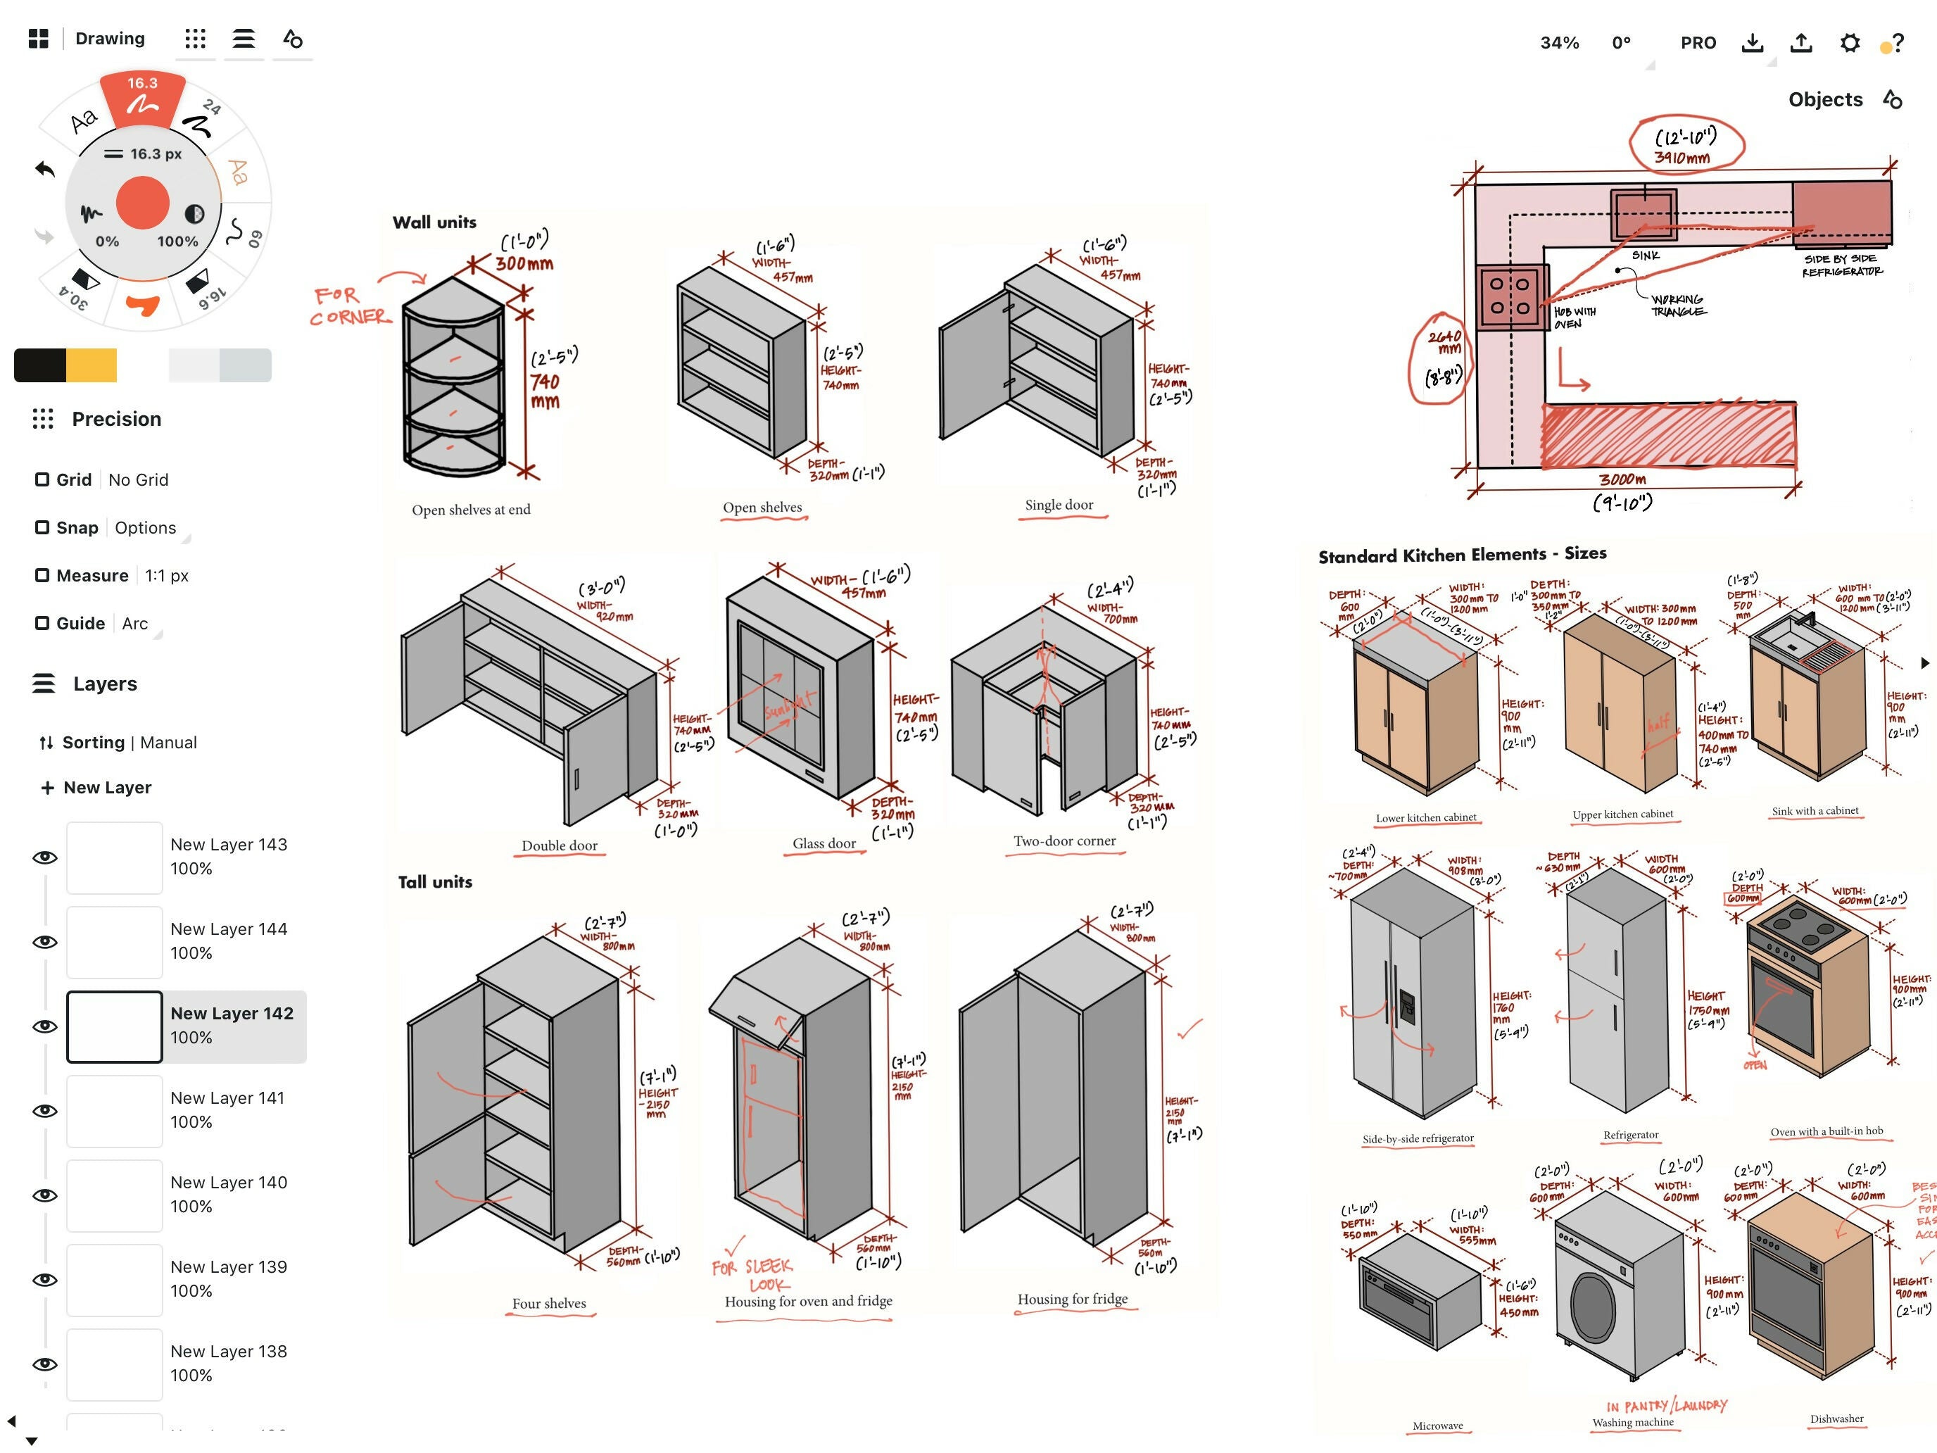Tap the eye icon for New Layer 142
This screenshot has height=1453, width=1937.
pos(44,1026)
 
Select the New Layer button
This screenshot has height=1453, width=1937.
pos(96,787)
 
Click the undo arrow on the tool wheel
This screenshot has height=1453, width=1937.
pos(44,168)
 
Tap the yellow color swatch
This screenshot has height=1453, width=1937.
pos(91,365)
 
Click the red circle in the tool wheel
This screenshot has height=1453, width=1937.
pos(142,201)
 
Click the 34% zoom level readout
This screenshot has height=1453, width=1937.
pos(1559,43)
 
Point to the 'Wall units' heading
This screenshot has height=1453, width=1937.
pos(434,222)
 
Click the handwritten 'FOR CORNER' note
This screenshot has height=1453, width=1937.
pos(348,306)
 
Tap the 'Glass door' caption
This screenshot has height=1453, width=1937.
pos(824,843)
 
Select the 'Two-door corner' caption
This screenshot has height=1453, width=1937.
pos(1064,841)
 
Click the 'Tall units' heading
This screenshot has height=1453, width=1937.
pos(435,882)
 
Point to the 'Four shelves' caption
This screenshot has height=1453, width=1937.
pos(549,1303)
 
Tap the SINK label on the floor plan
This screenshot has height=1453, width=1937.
pos(1646,256)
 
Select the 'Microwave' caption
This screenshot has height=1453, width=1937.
pos(1437,1426)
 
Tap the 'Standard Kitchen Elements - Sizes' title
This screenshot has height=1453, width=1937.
pos(1461,555)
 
